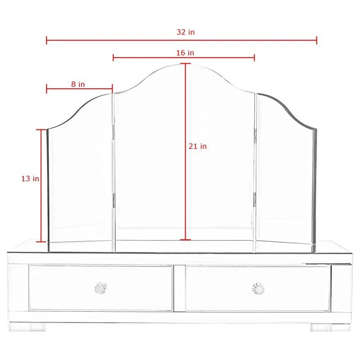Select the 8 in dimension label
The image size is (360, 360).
[x=78, y=84]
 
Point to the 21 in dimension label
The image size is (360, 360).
[x=198, y=146]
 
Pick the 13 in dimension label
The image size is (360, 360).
[x=30, y=179]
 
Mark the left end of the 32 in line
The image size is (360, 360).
[x=47, y=40]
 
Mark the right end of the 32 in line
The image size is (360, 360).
[x=317, y=40]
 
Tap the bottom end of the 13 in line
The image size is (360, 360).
[x=41, y=242]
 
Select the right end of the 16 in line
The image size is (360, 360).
[x=255, y=58]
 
